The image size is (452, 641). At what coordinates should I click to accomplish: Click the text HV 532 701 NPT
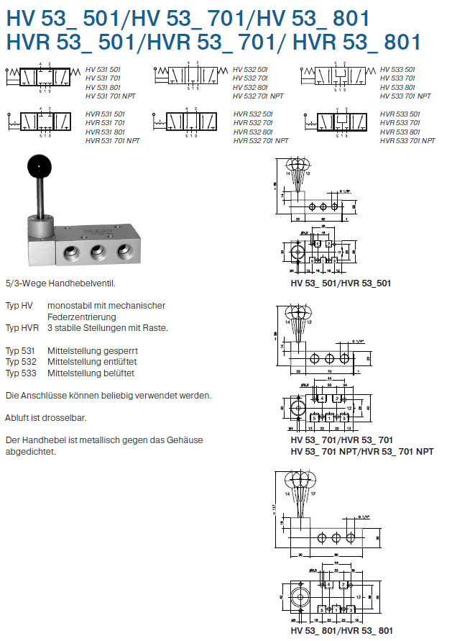tap(259, 96)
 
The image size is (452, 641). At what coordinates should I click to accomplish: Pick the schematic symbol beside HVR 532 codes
tap(190, 122)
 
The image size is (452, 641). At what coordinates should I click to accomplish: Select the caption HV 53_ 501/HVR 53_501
tap(341, 283)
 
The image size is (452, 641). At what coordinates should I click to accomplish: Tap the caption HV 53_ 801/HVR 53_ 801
tap(342, 630)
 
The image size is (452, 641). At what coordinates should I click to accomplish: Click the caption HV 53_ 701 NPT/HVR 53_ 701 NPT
tap(361, 452)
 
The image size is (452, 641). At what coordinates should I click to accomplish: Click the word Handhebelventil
tap(83, 283)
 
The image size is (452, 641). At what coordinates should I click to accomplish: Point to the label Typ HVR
tap(22, 327)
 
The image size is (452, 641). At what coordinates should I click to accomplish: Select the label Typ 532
tap(21, 362)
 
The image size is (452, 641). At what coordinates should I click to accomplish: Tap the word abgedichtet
tap(30, 452)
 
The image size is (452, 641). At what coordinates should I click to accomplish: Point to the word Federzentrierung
tap(82, 317)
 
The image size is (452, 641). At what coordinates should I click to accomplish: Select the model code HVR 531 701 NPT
tap(113, 141)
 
